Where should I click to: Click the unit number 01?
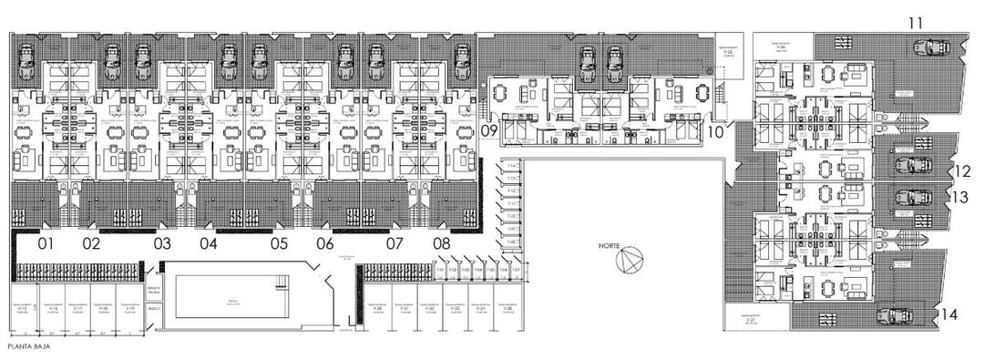[x=46, y=244]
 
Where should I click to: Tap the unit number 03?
[x=162, y=244]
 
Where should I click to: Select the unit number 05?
[x=279, y=244]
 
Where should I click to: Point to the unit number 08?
[x=442, y=244]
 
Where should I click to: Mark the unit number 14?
[x=949, y=315]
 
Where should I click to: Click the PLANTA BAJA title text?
[x=26, y=348]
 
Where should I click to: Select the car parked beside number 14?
[x=893, y=315]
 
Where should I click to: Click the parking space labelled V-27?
[x=751, y=321]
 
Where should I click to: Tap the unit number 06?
[x=325, y=244]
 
